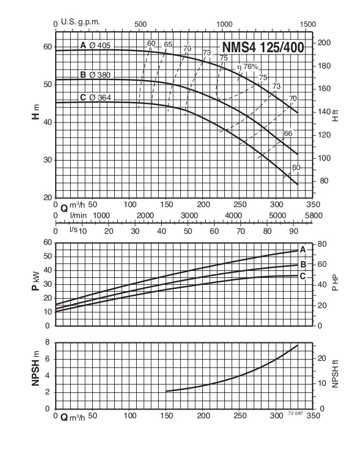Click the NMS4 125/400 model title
[x=263, y=48]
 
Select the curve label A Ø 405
[x=95, y=45]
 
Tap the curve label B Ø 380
[x=95, y=75]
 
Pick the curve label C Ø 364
[x=95, y=97]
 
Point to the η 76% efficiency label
[x=248, y=67]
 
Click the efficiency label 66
[x=288, y=133]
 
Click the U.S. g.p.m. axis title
[x=81, y=22]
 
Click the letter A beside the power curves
[x=302, y=249]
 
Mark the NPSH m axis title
[x=37, y=375]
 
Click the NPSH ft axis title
[x=334, y=375]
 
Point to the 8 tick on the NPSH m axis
[x=48, y=342]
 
